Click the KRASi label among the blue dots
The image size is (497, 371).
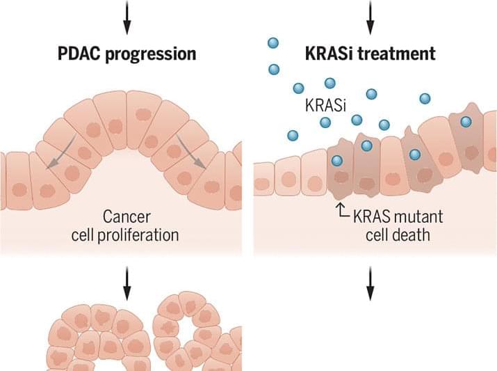[x=325, y=105]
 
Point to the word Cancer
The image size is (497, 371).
[x=125, y=216]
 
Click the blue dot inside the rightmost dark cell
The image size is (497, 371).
[x=465, y=122]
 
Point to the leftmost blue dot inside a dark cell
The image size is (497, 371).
[x=337, y=161]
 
